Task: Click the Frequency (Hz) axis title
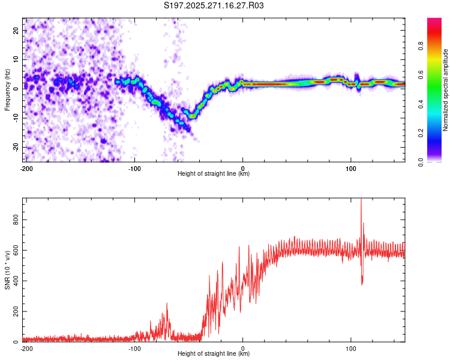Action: [7, 90]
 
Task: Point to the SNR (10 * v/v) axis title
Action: [7, 270]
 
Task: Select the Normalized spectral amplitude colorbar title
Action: [446, 90]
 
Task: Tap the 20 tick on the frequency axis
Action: [17, 30]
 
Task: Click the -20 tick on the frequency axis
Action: [17, 147]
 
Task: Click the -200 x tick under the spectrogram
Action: [26, 169]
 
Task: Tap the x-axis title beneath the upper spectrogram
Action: [214, 174]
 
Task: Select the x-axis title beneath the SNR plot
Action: [214, 354]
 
